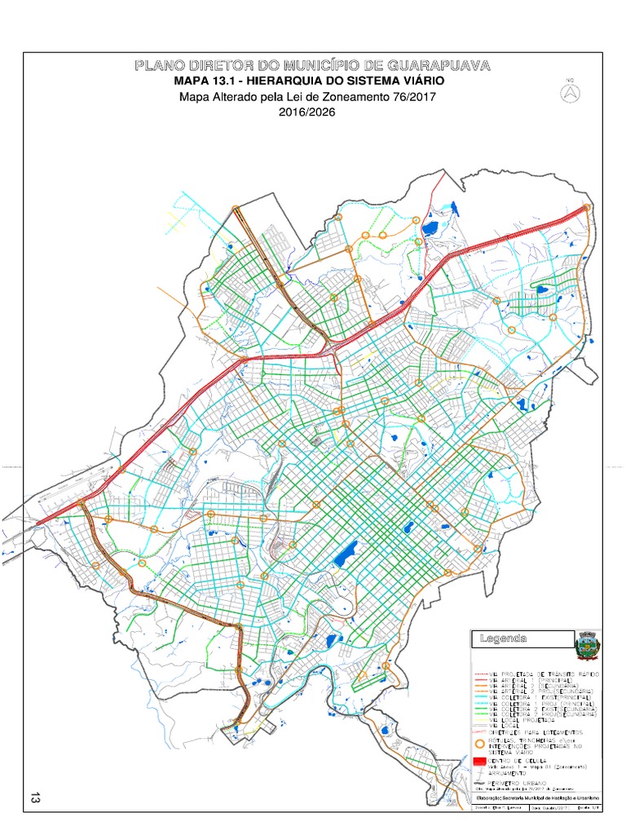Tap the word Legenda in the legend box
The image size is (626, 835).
pos(504,638)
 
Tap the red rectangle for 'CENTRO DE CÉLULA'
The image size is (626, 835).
pos(480,761)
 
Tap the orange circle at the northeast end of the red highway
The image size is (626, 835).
pos(586,208)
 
